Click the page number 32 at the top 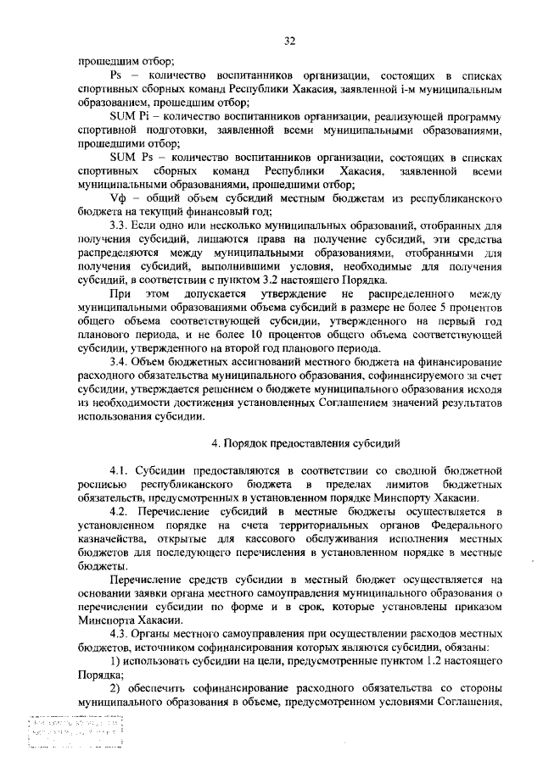pos(289,40)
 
